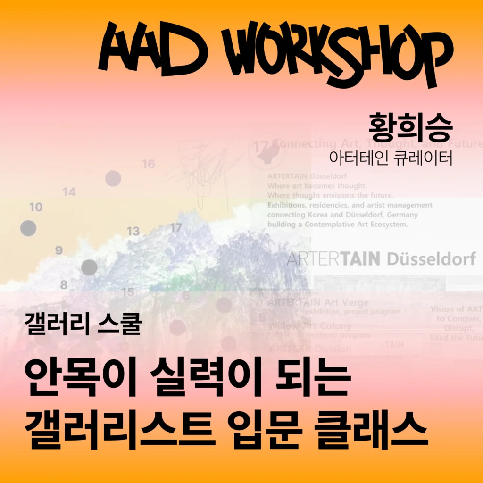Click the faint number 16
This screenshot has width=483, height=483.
click(x=149, y=164)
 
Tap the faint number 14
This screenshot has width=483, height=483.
click(x=69, y=192)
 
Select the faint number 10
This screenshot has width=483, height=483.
click(x=36, y=207)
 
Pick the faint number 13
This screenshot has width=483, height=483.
click(x=133, y=231)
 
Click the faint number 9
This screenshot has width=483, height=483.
click(x=59, y=250)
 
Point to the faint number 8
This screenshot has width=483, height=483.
click(x=64, y=285)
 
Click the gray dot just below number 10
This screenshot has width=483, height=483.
click(x=28, y=228)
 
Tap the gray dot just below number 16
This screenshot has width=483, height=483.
click(x=113, y=179)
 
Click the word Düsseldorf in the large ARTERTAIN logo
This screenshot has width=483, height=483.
click(x=431, y=258)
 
